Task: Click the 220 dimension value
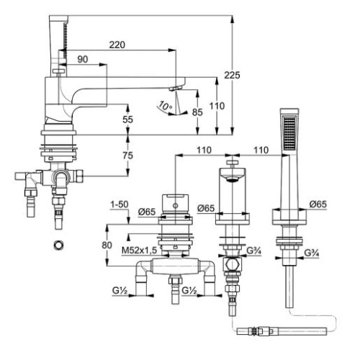pos(117,45)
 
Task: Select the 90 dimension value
pos(83,59)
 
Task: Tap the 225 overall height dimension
pos(232,75)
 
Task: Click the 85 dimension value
pos(197,112)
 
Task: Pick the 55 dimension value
pos(127,120)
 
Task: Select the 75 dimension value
pos(127,156)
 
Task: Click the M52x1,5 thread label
pos(140,251)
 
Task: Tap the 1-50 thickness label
pos(120,204)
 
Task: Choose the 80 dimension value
pos(107,246)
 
